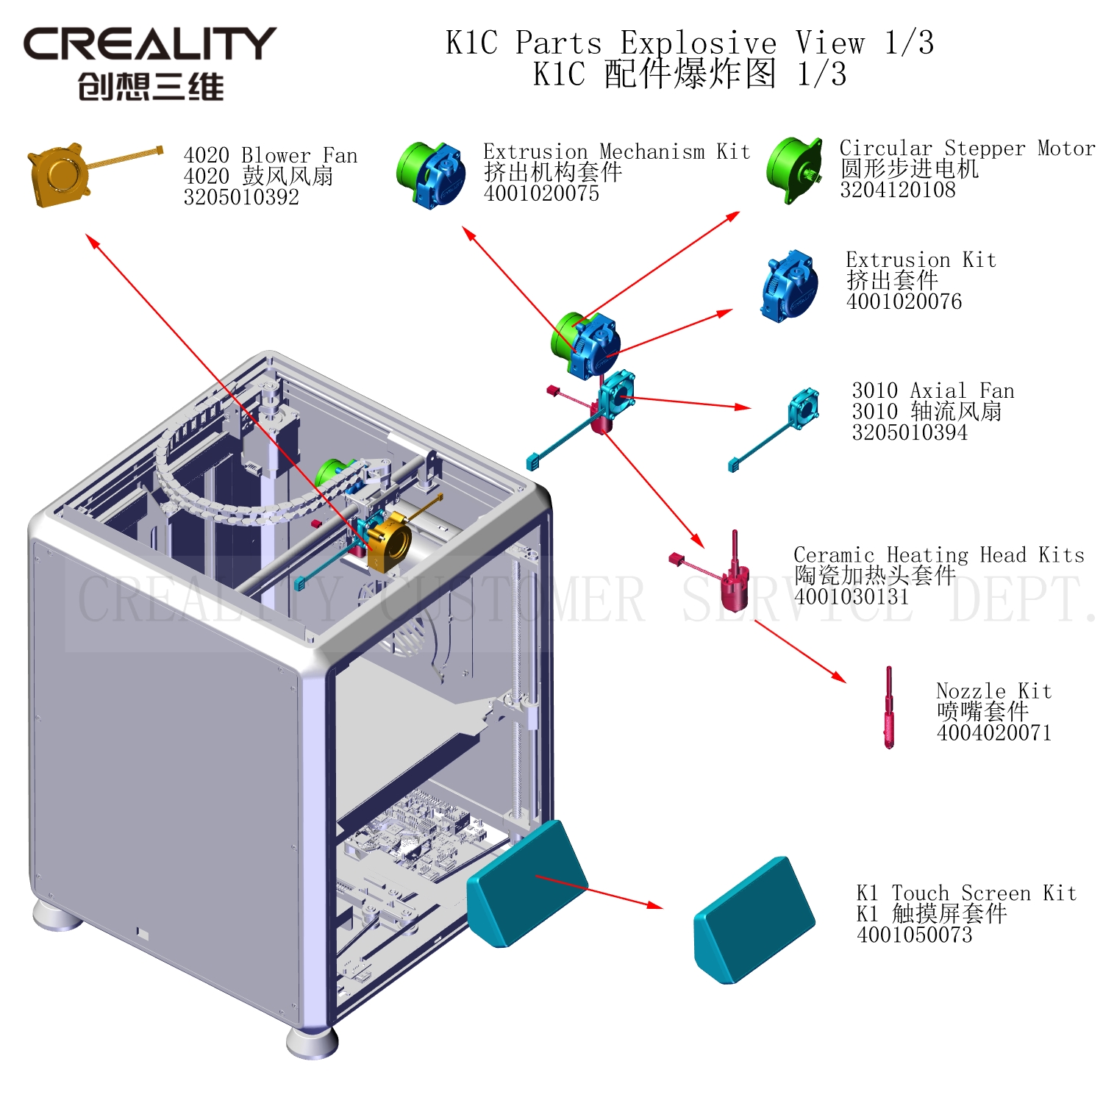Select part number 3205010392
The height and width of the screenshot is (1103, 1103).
pos(241,197)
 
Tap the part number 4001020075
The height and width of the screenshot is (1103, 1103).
pos(541,193)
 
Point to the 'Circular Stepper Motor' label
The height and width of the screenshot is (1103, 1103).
pos(967,148)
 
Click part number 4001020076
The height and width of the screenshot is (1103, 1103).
pos(904,301)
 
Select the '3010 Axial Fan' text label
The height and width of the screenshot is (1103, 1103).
pos(932,390)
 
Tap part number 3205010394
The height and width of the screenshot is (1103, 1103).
pos(910,432)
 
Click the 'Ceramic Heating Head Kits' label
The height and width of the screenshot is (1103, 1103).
pos(939,554)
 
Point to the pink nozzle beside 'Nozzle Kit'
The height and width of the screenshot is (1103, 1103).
pos(889,707)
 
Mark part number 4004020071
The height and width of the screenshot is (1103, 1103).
pos(993,732)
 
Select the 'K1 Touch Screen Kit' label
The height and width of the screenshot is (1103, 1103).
pos(966,893)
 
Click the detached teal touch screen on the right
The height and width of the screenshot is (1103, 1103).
pos(753,919)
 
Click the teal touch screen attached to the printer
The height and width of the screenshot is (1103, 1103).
pos(526,882)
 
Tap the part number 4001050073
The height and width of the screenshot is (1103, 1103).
pos(914,935)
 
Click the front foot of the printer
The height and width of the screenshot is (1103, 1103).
pos(312,1041)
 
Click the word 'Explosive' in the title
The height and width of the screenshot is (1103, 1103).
pos(698,43)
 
